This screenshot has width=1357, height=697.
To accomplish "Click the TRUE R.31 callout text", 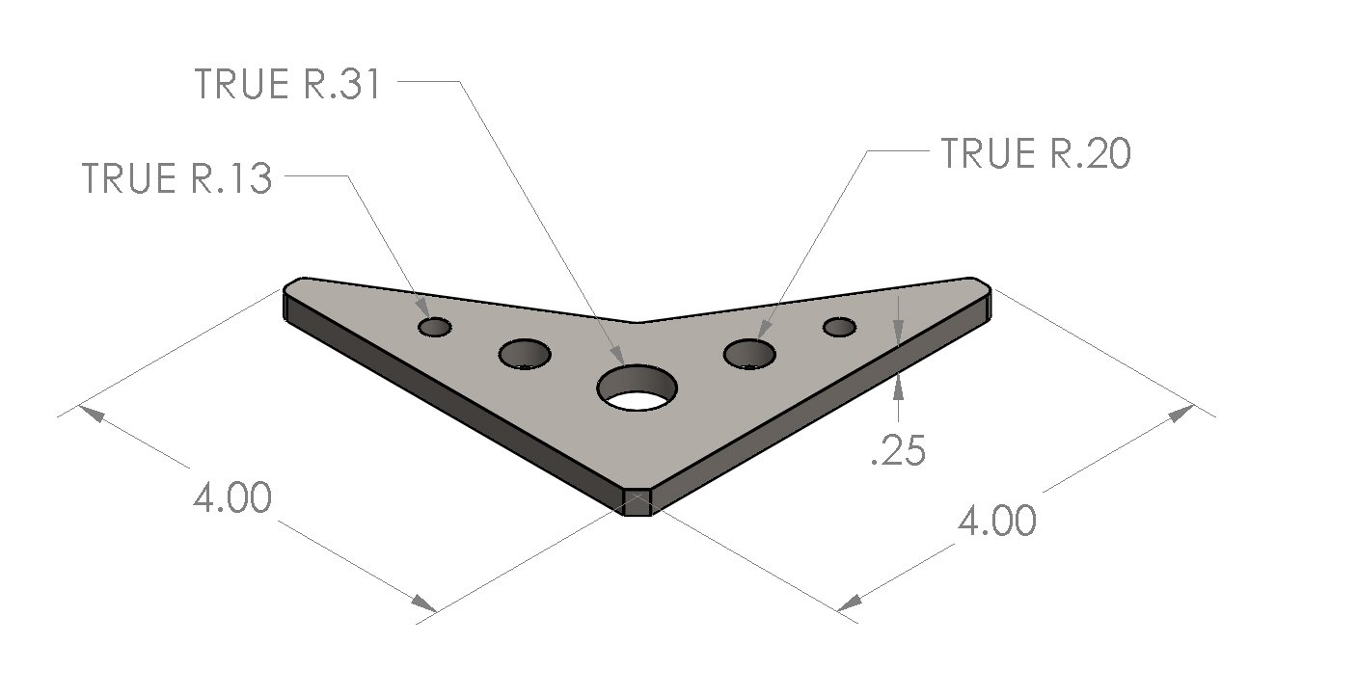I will coord(288,85).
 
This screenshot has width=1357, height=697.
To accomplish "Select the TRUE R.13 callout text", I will coord(177,179).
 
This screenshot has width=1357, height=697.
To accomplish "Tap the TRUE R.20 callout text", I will coord(1035,154).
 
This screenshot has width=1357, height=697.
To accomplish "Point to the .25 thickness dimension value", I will coord(897,451).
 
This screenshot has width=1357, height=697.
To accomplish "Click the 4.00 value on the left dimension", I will coord(231,498).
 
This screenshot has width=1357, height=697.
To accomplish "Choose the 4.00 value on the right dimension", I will coord(997,522).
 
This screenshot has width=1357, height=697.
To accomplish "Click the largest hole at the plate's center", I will coord(637,388).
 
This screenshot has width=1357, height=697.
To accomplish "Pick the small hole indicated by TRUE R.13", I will coord(435,327).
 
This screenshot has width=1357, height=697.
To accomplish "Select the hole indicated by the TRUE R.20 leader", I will coord(750,354).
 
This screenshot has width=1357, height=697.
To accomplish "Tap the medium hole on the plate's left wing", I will coord(525,355).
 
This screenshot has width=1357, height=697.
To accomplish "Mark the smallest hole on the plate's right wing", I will coord(840,328).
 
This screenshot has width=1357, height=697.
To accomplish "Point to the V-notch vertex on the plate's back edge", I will coord(635,323).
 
